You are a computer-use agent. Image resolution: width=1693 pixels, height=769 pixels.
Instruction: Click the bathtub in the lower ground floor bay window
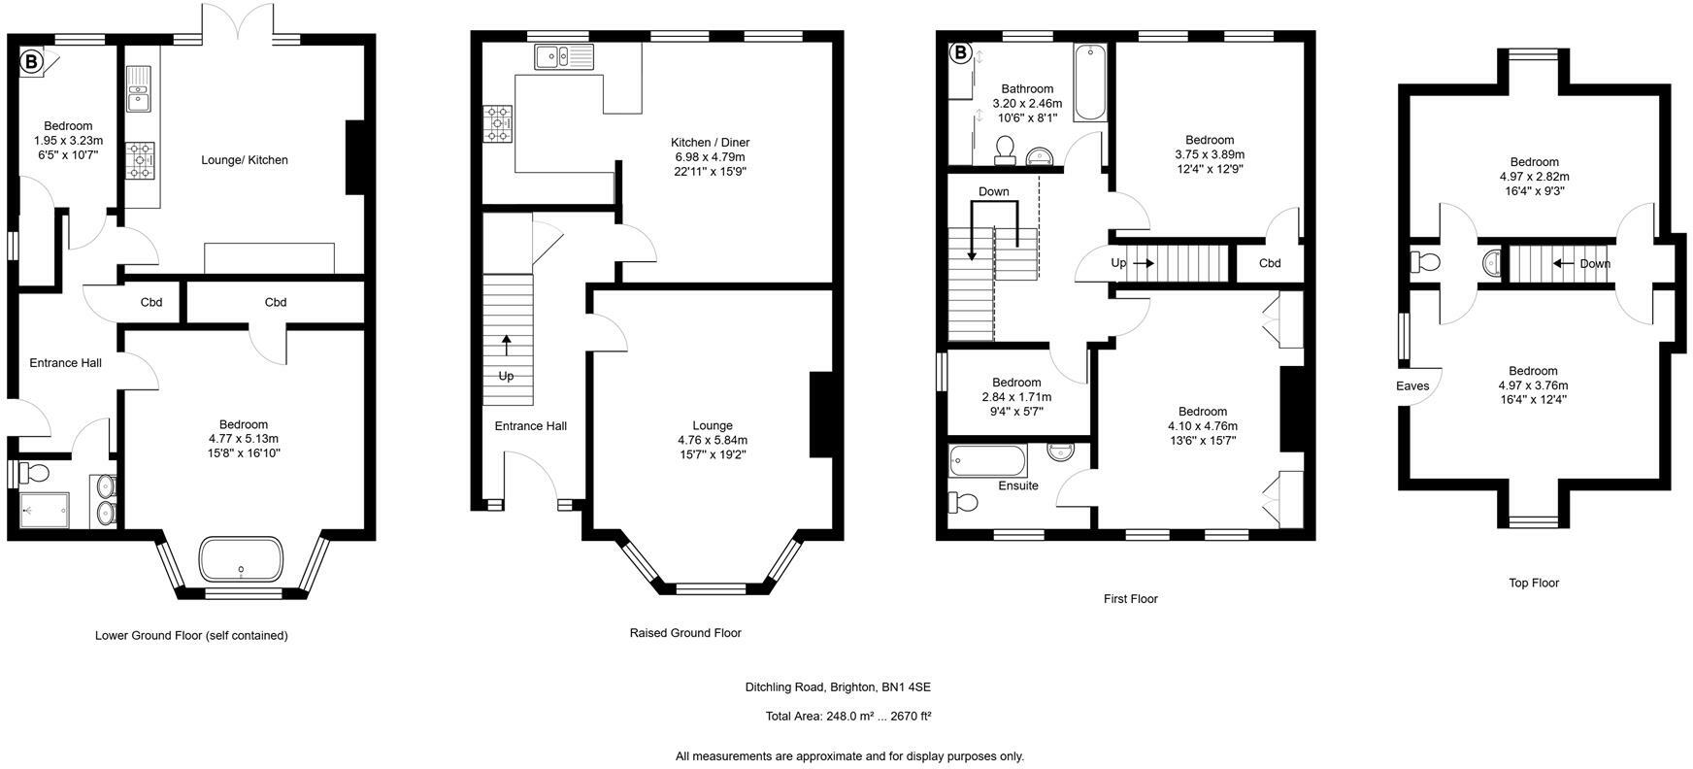(x=242, y=560)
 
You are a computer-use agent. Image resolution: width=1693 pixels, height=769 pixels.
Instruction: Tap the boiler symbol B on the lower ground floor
(x=31, y=62)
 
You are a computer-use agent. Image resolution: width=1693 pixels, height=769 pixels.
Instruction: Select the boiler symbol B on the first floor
(x=959, y=52)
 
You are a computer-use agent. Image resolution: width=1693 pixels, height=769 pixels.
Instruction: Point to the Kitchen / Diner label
(x=711, y=143)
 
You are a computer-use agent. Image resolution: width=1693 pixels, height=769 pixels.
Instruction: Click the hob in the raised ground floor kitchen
(x=499, y=123)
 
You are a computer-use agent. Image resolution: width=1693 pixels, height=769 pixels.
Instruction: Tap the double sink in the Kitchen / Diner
(x=563, y=57)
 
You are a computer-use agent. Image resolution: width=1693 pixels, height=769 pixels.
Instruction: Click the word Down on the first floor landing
(x=993, y=191)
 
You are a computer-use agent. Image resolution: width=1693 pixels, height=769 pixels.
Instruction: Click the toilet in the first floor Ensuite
(x=963, y=503)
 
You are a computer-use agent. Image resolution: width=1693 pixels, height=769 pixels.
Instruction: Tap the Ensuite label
(x=1018, y=485)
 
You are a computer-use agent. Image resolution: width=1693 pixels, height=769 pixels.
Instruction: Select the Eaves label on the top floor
(x=1412, y=385)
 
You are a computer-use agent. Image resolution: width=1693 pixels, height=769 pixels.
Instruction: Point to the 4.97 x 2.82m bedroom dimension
(x=1534, y=177)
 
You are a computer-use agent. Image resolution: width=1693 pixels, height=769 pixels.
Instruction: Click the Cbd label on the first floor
(x=1270, y=263)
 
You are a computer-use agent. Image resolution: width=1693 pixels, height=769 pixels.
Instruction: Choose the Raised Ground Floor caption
(x=685, y=633)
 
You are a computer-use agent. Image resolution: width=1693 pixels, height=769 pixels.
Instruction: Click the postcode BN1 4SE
(x=906, y=687)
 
